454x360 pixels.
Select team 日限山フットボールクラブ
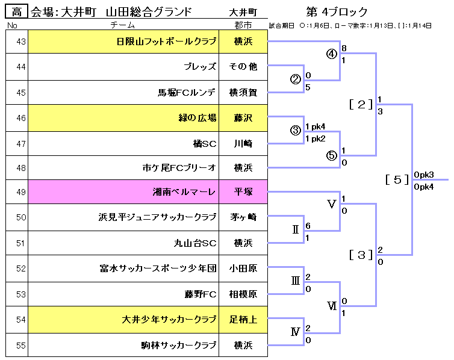click(x=166, y=42)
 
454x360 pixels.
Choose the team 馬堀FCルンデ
click(x=187, y=93)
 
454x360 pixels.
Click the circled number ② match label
click(x=295, y=79)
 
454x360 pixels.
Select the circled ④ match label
click(x=331, y=54)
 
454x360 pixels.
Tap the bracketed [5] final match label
click(x=397, y=179)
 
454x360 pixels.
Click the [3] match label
click(x=361, y=255)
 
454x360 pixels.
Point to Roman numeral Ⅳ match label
click(x=295, y=332)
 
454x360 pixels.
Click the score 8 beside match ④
click(x=344, y=48)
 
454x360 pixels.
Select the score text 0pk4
click(x=424, y=187)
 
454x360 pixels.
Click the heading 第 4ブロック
click(x=337, y=12)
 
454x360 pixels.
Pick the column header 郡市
click(x=243, y=25)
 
